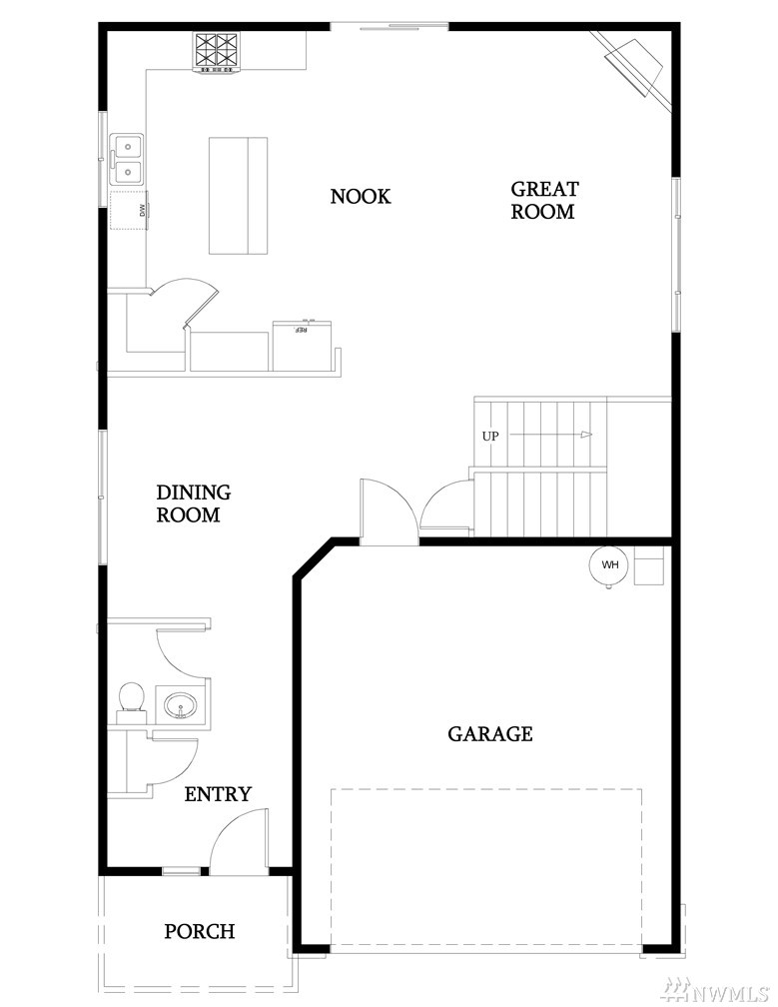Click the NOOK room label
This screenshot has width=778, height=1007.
click(x=361, y=196)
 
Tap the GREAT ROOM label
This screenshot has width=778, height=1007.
click(x=544, y=200)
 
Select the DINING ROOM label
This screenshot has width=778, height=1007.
click(x=193, y=503)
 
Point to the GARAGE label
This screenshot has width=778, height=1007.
click(x=489, y=733)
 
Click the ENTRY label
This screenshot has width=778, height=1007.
click(x=218, y=794)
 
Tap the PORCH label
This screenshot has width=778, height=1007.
click(x=199, y=931)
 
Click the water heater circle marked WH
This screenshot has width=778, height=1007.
click(x=609, y=565)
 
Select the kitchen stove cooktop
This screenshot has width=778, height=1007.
click(x=217, y=53)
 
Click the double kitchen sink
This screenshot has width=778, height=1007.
click(x=127, y=159)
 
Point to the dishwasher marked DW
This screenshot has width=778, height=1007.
click(x=130, y=210)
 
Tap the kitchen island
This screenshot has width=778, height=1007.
click(x=238, y=195)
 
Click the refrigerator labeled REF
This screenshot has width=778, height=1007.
click(x=302, y=345)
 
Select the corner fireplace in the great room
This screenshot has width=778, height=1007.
click(x=633, y=68)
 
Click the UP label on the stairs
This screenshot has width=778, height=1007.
click(x=490, y=436)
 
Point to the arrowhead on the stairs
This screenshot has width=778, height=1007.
click(x=585, y=436)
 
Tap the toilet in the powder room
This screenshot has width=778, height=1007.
click(x=130, y=702)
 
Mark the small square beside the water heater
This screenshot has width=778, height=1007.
click(x=648, y=565)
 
